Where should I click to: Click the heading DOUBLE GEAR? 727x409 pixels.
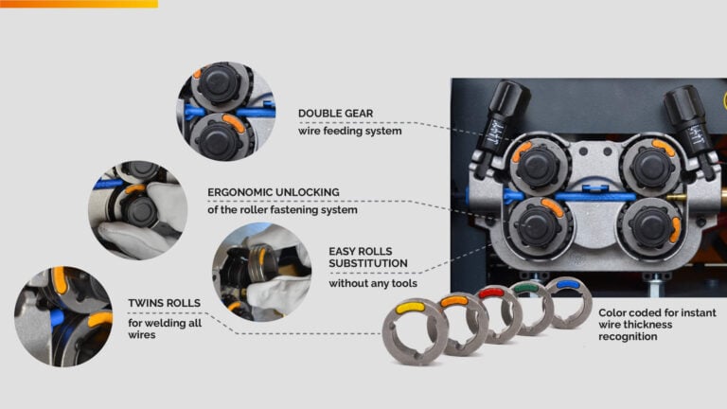pos(335,114)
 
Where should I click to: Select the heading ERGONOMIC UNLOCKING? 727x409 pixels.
pos(273,192)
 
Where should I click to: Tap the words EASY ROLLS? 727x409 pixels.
pos(361,251)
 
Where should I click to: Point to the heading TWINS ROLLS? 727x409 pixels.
pos(164,303)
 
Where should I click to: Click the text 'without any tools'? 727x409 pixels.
pos(373,283)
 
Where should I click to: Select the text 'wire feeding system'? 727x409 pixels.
pos(349,132)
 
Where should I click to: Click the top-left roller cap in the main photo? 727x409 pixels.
pos(538,166)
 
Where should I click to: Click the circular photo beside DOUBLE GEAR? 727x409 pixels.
pos(226,112)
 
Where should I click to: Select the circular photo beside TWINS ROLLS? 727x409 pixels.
pos(63,316)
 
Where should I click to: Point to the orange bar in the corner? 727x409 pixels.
pos(79,4)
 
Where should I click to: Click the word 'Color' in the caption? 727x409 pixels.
pos(612,313)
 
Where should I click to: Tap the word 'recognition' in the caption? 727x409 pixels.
pos(628,337)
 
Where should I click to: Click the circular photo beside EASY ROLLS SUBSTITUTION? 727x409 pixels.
pos(262,273)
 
